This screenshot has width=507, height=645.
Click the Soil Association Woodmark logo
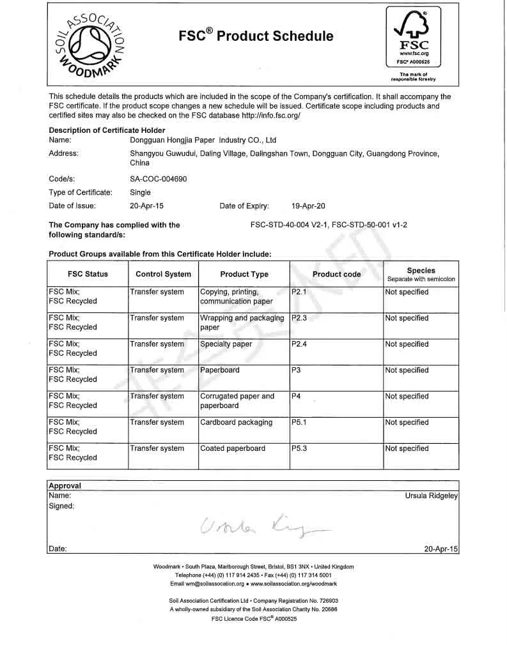[86, 43]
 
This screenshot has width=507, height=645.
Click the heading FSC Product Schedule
[256, 36]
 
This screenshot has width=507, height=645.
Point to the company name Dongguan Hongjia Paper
[203, 139]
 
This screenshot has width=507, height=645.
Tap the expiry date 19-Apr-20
[308, 206]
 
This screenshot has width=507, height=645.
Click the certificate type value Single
[140, 192]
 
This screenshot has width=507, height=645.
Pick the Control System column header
[163, 274]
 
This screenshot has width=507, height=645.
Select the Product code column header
[336, 274]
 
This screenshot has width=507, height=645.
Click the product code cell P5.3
[299, 448]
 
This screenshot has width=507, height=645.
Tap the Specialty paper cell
[226, 344]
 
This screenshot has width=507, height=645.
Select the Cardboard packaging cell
[236, 422]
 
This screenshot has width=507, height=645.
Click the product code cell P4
[296, 396]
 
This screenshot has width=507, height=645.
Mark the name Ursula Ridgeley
[432, 495]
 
